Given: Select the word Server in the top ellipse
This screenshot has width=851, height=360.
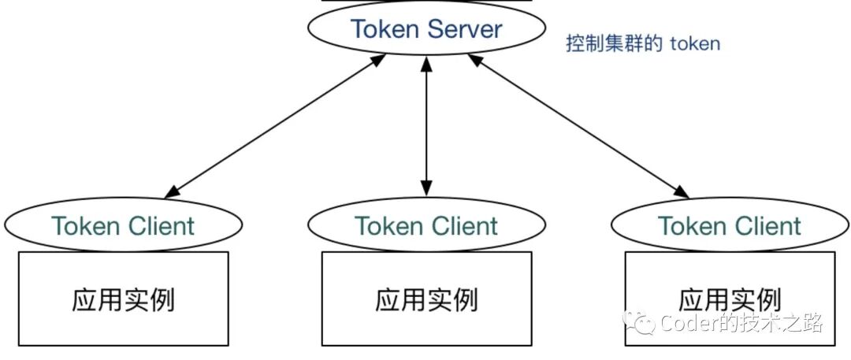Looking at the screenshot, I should point(464,30).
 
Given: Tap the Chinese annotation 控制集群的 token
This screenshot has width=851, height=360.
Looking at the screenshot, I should point(643,43).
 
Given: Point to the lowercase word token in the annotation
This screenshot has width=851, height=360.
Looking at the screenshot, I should point(695,43).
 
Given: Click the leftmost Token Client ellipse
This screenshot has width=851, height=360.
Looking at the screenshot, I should point(122,226).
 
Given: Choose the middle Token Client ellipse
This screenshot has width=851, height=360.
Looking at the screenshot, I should point(425,226).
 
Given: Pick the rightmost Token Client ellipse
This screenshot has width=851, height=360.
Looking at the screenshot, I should point(729,226).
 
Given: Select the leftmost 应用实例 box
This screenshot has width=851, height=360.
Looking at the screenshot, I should point(123,299).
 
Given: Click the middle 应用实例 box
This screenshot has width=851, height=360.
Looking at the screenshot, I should point(425,299).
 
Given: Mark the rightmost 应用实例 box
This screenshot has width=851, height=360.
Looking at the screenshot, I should point(729,299).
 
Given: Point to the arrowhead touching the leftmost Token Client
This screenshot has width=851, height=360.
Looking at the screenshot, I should point(173,191).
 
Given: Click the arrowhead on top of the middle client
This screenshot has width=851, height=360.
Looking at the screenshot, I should point(426,187).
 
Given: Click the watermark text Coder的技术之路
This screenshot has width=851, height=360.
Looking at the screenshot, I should point(741,323).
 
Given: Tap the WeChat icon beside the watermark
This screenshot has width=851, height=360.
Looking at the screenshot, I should point(639,322).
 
